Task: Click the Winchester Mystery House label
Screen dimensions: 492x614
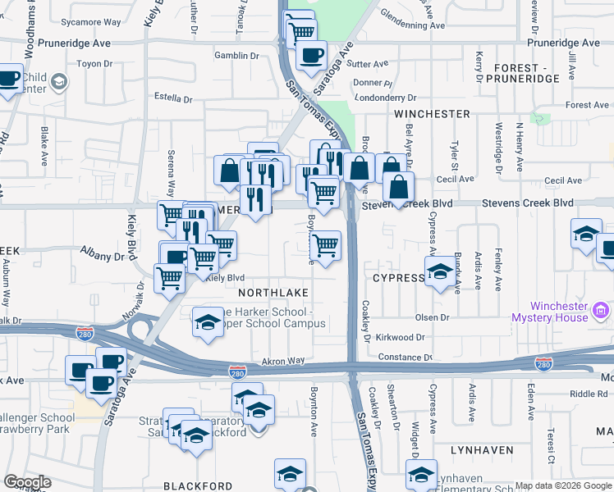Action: (548, 311)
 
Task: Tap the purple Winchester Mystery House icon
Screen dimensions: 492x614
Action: (601, 311)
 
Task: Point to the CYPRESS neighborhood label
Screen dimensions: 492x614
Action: (398, 278)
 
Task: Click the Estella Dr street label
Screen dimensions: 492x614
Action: (173, 98)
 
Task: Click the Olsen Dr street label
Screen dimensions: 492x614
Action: (432, 317)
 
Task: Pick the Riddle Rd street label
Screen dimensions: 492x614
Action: (568, 394)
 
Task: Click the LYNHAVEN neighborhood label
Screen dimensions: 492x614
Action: (482, 450)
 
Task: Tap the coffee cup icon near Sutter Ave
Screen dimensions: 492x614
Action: (310, 55)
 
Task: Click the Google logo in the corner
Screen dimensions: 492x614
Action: (26, 481)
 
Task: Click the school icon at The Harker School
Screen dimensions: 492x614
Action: (208, 321)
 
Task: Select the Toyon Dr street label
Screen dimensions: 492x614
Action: (93, 63)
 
